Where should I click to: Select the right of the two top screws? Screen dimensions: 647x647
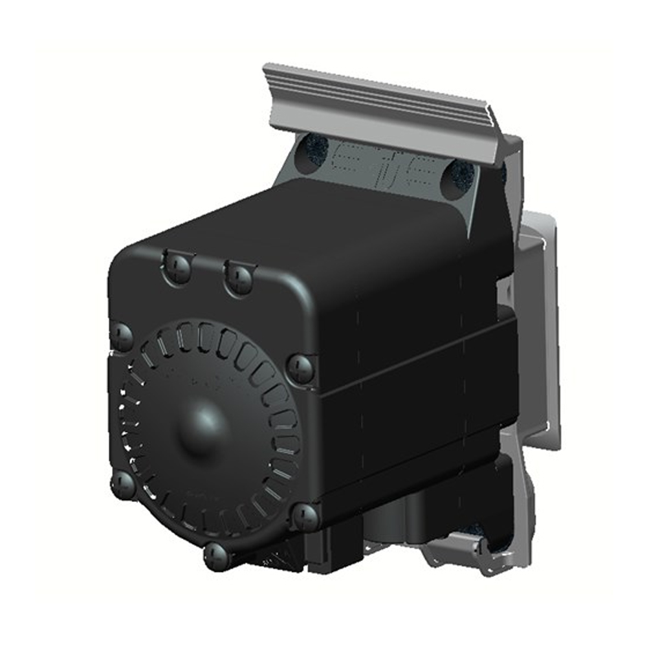point(240,278)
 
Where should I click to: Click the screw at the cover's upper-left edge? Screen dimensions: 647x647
point(122,336)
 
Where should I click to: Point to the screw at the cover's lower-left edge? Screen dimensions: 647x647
point(124,485)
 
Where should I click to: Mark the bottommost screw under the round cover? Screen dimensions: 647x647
point(217,555)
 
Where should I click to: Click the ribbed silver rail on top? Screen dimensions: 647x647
point(382,107)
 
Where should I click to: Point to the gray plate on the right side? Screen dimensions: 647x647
point(540,323)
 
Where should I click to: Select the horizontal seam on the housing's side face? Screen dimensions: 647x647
point(421,369)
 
